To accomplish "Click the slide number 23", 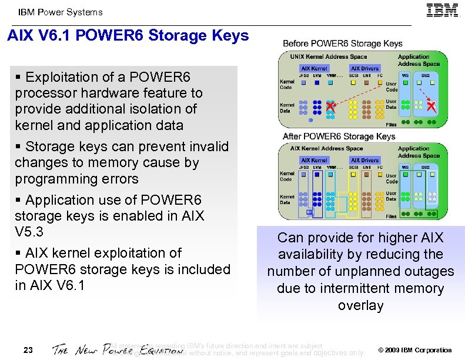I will pos(28,351).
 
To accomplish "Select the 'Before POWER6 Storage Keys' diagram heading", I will pos(343,44).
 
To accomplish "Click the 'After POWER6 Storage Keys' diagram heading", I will pos(339,136).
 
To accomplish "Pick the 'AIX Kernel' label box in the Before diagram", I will pos(315,68).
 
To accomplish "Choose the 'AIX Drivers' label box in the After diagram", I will pos(364,160).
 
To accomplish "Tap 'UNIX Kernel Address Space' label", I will pos(329,57).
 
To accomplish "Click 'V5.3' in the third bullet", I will pos(29,232).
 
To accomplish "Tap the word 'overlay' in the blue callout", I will pos(360,305).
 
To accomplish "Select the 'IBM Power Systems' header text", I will pos(61,12).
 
